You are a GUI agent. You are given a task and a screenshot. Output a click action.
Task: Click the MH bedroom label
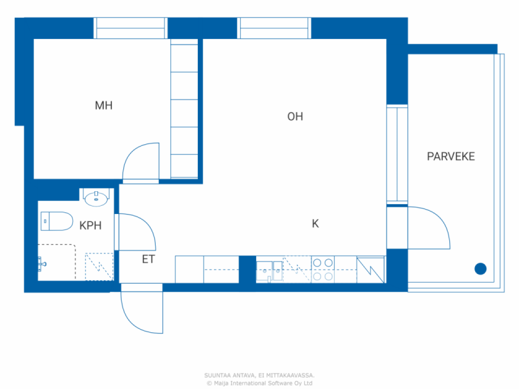[103, 106]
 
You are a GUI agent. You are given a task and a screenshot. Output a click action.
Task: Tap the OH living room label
[295, 117]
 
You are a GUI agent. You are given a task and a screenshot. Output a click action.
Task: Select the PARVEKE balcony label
[450, 156]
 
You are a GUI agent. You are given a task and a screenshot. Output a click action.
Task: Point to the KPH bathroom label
[90, 226]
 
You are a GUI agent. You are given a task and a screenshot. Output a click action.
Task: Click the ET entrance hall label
[148, 259]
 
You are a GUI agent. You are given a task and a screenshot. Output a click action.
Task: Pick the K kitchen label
[315, 224]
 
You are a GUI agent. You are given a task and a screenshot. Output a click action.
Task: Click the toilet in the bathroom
[56, 221]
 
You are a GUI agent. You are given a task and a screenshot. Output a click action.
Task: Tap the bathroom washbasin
[96, 198]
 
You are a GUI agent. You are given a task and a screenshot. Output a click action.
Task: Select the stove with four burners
[323, 269]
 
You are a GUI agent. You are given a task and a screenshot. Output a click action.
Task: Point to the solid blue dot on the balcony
[480, 269]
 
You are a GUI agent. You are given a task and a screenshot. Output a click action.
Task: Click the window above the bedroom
[131, 28]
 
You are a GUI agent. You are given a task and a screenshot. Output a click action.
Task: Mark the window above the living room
[274, 28]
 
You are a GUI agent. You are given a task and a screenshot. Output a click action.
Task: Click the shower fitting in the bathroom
[42, 263]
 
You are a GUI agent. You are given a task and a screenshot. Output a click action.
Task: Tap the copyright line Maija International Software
[259, 383]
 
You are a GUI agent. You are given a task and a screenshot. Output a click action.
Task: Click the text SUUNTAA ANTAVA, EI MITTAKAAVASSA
[259, 376]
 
